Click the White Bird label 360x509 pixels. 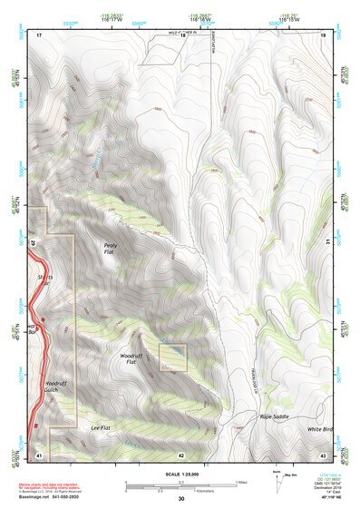(x=319, y=428)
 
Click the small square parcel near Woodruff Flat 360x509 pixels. (x=172, y=357)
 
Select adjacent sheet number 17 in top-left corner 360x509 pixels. (x=39, y=34)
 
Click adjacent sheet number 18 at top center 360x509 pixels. (x=181, y=34)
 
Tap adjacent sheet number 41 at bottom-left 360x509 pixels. (x=39, y=455)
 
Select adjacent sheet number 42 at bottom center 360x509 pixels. (x=181, y=455)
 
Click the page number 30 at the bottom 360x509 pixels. (x=181, y=499)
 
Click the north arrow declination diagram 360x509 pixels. (x=276, y=478)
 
